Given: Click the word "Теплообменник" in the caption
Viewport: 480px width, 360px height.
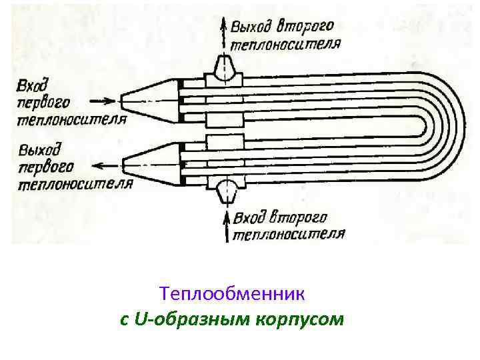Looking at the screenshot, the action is click(232, 293).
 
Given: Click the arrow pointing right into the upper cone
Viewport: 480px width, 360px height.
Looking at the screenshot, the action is click(101, 101).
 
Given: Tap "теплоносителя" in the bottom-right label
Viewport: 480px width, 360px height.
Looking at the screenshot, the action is click(288, 234).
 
